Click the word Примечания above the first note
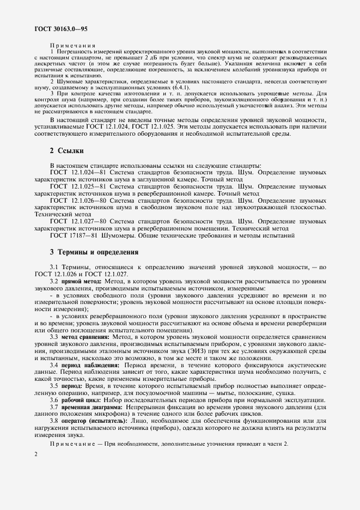tap(72, 46)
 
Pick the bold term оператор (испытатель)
tap(94, 421)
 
